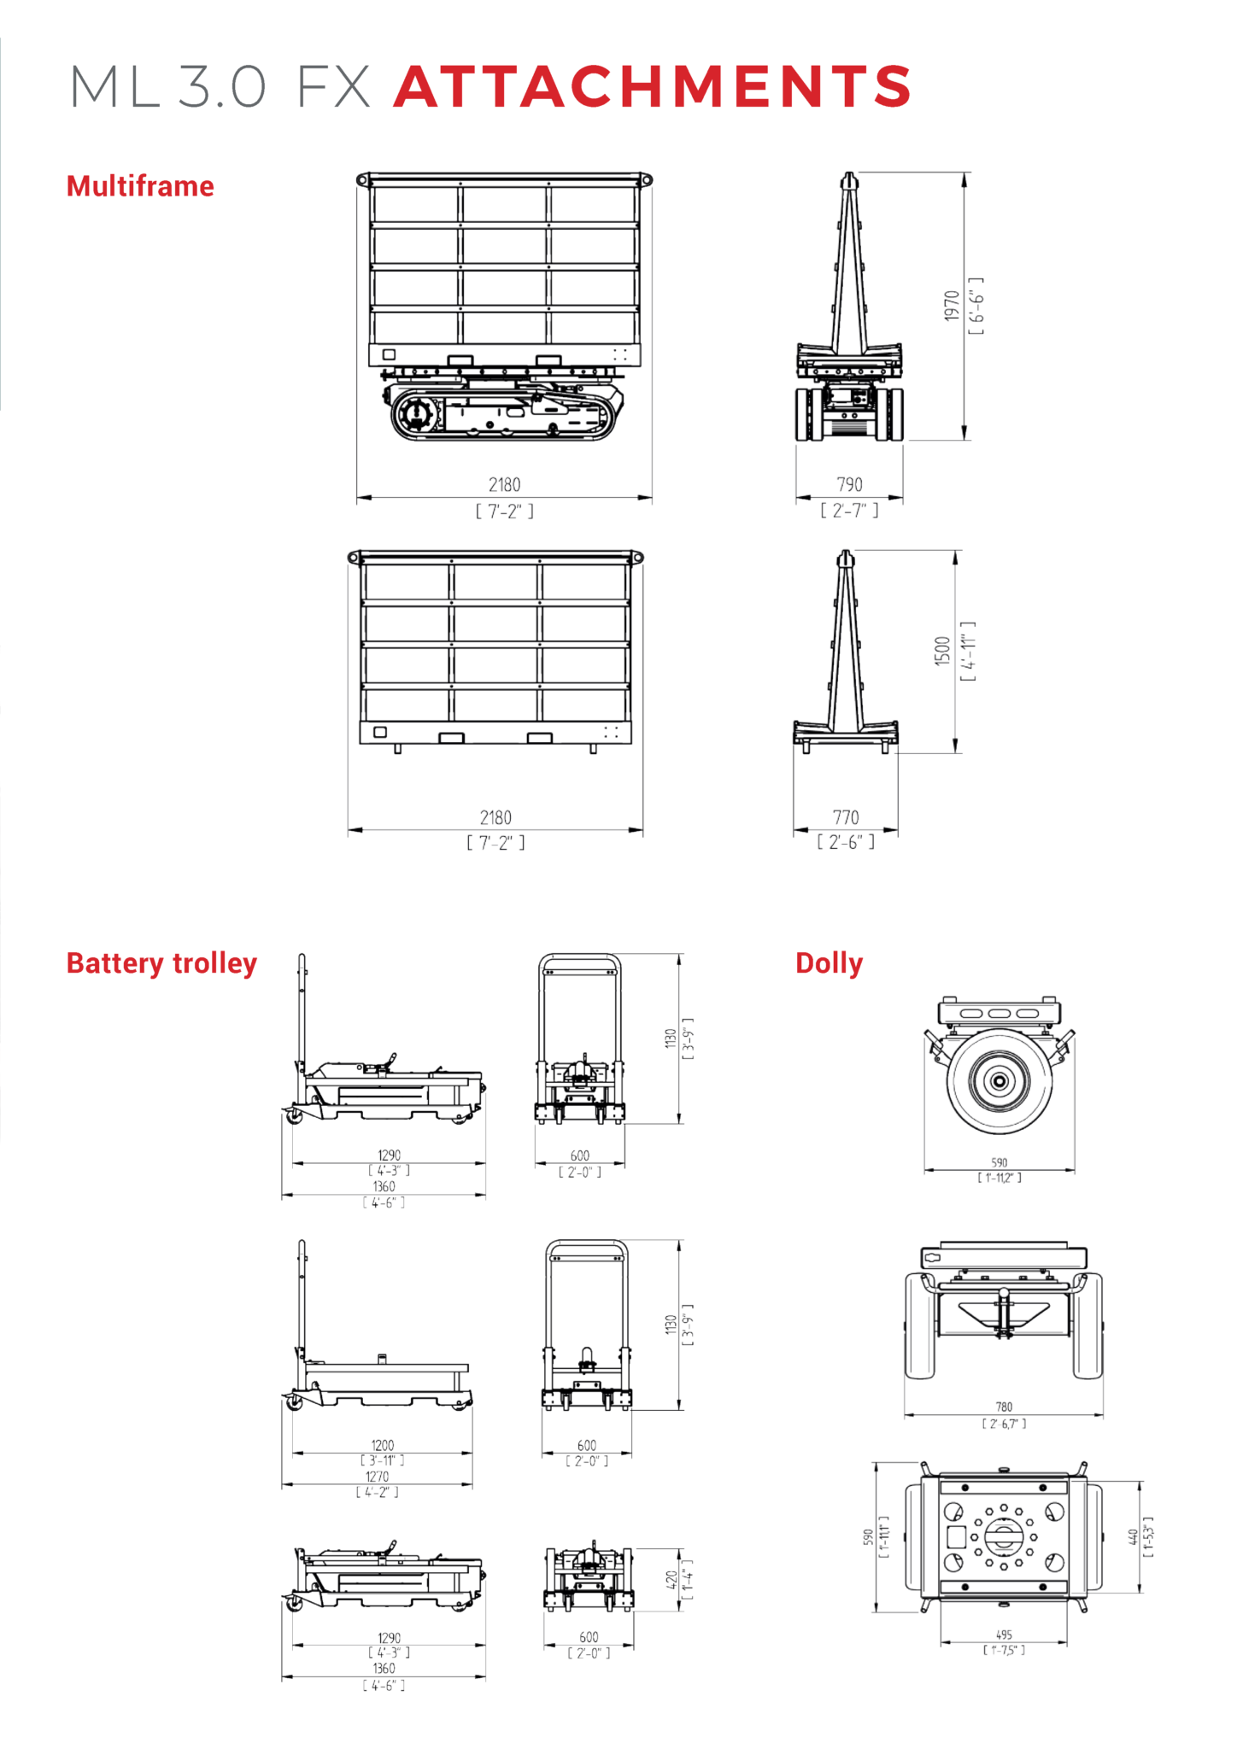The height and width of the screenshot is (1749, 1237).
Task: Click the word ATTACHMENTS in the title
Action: (x=653, y=87)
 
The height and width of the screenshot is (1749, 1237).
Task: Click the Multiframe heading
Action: (x=140, y=186)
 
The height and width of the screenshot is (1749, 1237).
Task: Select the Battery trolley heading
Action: (x=161, y=962)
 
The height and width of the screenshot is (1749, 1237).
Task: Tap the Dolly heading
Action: (x=829, y=962)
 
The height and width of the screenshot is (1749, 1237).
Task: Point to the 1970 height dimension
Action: (x=952, y=306)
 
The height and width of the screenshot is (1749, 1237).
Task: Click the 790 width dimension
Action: (x=849, y=484)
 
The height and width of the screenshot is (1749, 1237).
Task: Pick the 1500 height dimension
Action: (x=942, y=651)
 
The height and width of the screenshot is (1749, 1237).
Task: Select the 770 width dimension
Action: (x=846, y=817)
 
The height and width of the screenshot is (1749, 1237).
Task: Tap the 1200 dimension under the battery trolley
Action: (x=383, y=1445)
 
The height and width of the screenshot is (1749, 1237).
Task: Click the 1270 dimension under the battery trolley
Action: (x=377, y=1477)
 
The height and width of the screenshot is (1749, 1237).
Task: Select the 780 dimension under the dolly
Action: (x=1004, y=1407)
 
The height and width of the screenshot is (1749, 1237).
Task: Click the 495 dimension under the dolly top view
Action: (x=1004, y=1635)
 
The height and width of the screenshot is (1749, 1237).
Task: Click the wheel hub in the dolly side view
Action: (x=1000, y=1080)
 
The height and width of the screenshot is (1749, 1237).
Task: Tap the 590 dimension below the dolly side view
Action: (x=1000, y=1162)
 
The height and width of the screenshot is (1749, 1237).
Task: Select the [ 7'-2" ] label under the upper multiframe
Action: (x=504, y=511)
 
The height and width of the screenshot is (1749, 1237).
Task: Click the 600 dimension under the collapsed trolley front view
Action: (x=589, y=1637)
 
